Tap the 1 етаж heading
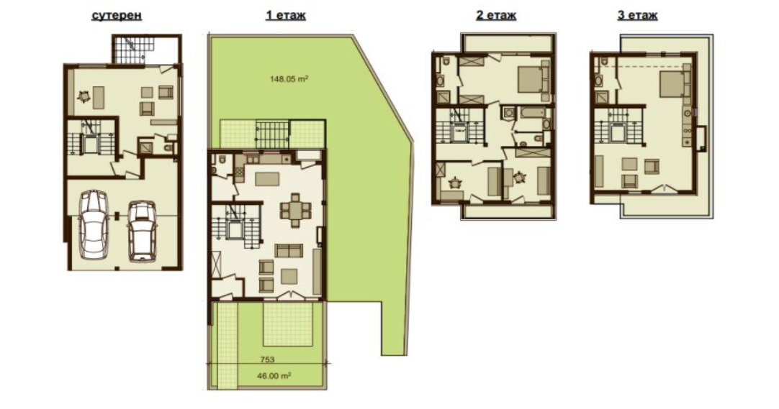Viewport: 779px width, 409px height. point(286,15)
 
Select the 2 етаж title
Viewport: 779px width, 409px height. point(496,15)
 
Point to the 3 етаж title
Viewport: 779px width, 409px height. point(637,15)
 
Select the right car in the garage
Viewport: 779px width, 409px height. point(141,231)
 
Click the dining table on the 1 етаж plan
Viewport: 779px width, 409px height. point(294,209)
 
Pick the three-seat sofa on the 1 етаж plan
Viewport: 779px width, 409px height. point(291,250)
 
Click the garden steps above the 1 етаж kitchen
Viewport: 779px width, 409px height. point(272,133)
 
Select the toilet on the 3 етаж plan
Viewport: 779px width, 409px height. point(603,63)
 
